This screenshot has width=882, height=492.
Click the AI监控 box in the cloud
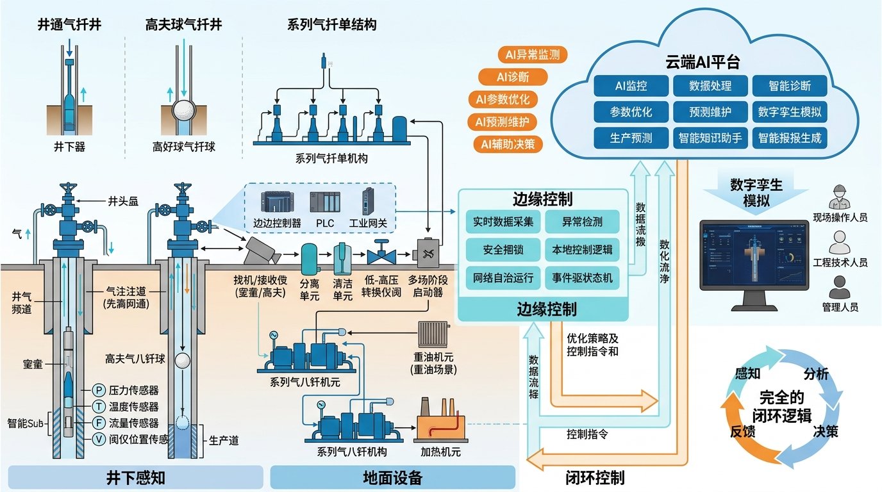click(631, 85)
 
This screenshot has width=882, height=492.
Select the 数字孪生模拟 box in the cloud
click(789, 111)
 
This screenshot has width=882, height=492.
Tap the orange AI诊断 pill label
click(513, 78)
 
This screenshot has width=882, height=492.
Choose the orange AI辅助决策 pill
click(508, 144)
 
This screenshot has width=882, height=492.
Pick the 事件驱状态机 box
click(582, 278)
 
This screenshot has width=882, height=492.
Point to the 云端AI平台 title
click(703, 62)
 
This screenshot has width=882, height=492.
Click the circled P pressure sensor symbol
click(99, 389)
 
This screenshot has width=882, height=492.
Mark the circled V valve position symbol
click(99, 439)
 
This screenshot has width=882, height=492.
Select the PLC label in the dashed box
click(325, 224)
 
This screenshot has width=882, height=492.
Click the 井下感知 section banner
click(135, 478)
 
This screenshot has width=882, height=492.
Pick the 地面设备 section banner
click(392, 478)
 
